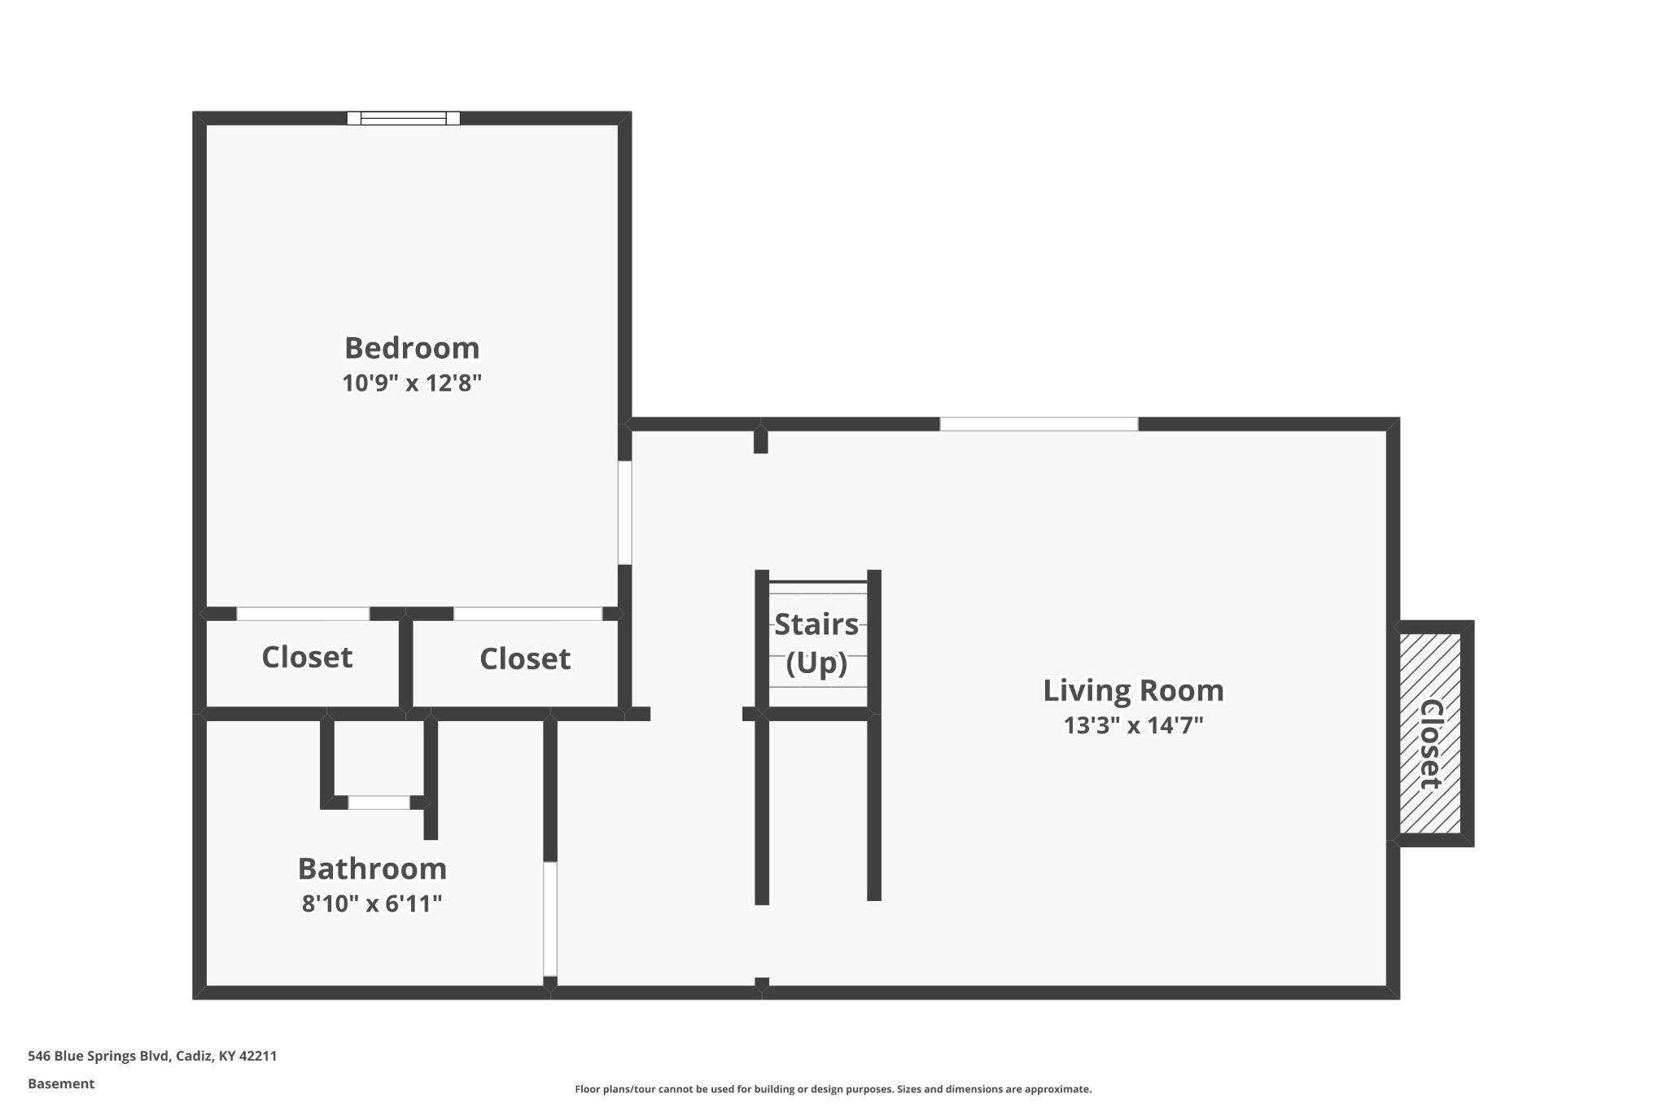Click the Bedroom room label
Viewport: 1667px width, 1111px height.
pyautogui.click(x=412, y=348)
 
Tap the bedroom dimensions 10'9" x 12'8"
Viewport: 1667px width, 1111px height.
pyautogui.click(x=412, y=383)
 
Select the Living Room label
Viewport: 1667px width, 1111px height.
pyautogui.click(x=1133, y=691)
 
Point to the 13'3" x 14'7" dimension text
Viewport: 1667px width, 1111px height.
pyautogui.click(x=1133, y=725)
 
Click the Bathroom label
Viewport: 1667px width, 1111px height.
pyautogui.click(x=372, y=869)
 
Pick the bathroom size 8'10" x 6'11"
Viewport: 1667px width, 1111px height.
pyautogui.click(x=372, y=903)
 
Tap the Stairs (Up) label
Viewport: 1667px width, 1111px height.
pyautogui.click(x=816, y=644)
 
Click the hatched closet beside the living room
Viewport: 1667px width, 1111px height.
pyautogui.click(x=1430, y=733)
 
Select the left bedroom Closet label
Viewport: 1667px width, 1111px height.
pyautogui.click(x=307, y=658)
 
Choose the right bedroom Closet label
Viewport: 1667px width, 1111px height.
pyautogui.click(x=525, y=659)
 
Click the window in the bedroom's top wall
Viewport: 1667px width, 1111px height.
pyautogui.click(x=404, y=118)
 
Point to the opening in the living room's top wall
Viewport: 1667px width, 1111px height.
pyautogui.click(x=1039, y=424)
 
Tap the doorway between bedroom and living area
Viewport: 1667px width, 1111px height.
pyautogui.click(x=625, y=513)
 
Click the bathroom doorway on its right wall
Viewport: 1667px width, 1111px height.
pyautogui.click(x=550, y=918)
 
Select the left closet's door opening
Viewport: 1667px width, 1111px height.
pyautogui.click(x=303, y=614)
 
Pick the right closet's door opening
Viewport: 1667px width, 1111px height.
pyautogui.click(x=528, y=614)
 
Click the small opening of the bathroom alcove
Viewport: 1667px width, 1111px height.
pyautogui.click(x=379, y=803)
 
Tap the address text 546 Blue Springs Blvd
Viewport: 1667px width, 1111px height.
pyautogui.click(x=100, y=1056)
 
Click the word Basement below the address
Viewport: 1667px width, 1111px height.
pyautogui.click(x=61, y=1083)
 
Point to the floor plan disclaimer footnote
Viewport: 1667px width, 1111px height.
pyautogui.click(x=833, y=1089)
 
